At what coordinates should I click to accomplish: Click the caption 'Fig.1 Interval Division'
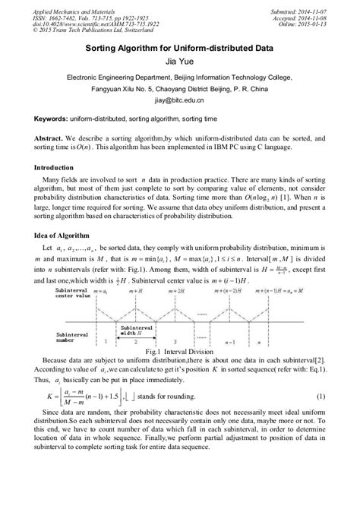point(180,352)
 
